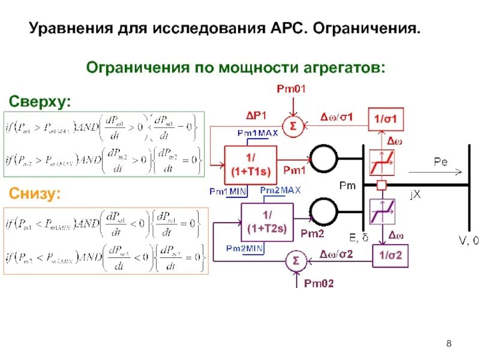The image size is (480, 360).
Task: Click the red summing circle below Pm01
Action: click(x=293, y=126)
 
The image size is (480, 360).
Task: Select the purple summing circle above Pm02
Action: click(x=295, y=261)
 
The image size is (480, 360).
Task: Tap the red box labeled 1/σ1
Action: click(x=385, y=119)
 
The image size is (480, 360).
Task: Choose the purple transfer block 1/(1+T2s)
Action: click(x=267, y=221)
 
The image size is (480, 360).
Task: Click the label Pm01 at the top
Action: click(x=291, y=89)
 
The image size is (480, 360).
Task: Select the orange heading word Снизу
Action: click(x=34, y=193)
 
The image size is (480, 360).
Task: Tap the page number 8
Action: click(x=449, y=343)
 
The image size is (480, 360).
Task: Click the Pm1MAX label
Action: click(x=257, y=133)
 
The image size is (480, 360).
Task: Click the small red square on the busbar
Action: click(x=380, y=185)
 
